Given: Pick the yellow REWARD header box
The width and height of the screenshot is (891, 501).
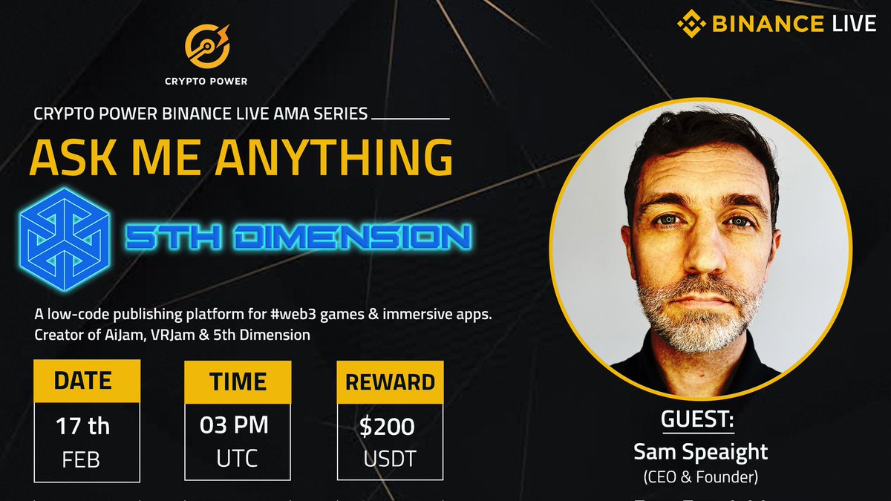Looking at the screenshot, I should coord(390,382).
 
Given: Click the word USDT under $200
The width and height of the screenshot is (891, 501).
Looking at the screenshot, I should coord(389,458).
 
